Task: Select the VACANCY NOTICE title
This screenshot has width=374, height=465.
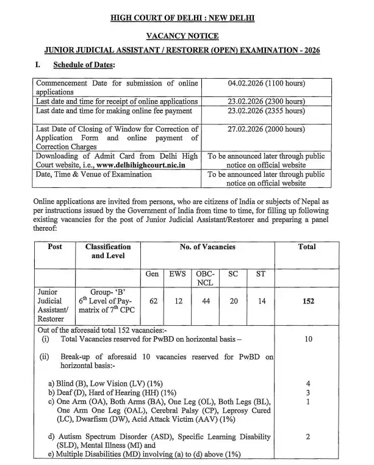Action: [x=187, y=36]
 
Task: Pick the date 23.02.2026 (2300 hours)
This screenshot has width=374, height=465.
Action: [x=265, y=101]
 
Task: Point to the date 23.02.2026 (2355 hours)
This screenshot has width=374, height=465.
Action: [x=265, y=110]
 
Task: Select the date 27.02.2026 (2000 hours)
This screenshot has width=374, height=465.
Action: [x=265, y=129]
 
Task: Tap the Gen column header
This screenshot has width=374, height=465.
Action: [x=153, y=275]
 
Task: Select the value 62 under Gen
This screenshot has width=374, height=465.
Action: [x=153, y=301]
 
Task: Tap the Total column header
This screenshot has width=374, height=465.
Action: [x=307, y=247]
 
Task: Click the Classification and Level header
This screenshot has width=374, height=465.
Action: [x=108, y=251]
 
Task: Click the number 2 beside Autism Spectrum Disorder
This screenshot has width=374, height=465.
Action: [x=309, y=436]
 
